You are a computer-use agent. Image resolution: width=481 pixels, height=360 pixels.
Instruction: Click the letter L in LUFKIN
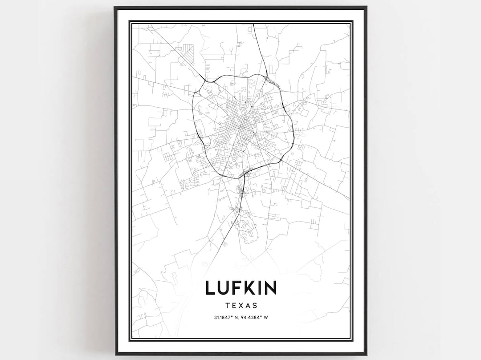pyautogui.click(x=211, y=287)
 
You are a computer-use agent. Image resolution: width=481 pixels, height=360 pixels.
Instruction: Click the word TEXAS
pyautogui.click(x=241, y=305)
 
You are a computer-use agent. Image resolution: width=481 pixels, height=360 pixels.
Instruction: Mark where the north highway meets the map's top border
pyautogui.click(x=254, y=24)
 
